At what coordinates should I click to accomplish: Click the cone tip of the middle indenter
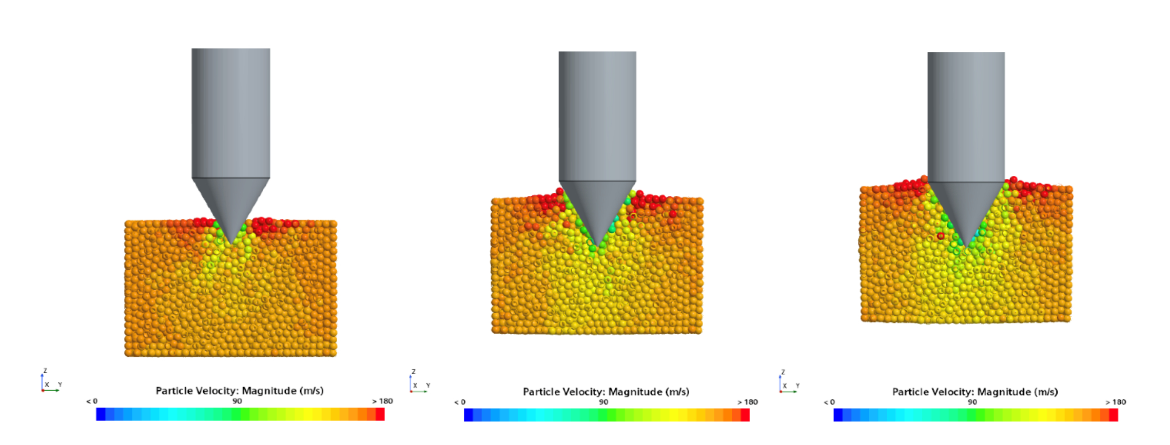coord(597,246)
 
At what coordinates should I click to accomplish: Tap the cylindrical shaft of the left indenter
coord(231,113)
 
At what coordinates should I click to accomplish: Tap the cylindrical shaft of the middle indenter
coord(597,116)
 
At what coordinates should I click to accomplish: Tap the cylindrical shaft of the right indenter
coord(966,117)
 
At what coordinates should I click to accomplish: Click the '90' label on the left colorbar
coord(237,401)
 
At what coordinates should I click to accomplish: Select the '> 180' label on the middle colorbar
coord(748,402)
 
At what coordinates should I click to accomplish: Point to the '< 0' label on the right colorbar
coord(829,402)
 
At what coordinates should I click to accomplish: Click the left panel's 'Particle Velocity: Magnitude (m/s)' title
coord(240,391)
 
